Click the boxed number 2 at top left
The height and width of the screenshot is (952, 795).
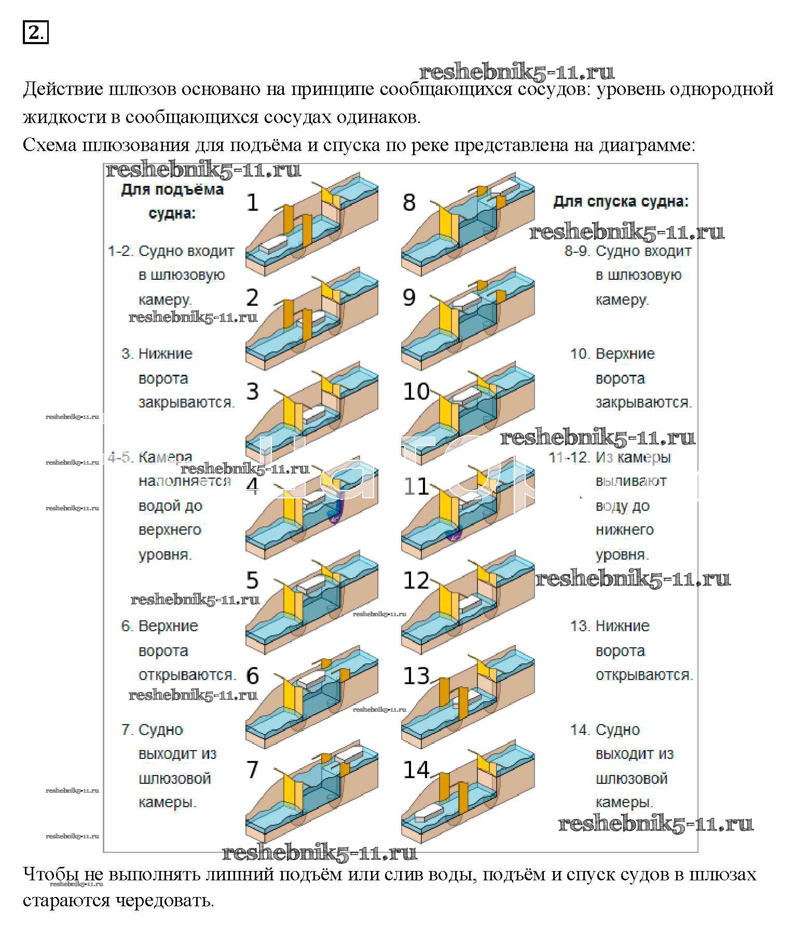35,32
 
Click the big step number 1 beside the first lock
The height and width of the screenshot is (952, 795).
252,202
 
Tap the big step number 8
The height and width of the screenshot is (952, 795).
409,202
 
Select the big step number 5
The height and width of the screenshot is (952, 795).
252,580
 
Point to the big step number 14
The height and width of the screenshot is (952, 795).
416,769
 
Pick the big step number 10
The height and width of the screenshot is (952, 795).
416,391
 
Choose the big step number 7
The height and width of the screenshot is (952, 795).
252,769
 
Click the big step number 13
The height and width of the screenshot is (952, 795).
416,675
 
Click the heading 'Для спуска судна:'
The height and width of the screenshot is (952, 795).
621,201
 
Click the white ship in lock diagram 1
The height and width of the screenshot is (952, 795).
273,244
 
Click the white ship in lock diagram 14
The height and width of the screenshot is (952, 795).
429,814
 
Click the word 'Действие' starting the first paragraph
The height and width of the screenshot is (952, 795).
63,90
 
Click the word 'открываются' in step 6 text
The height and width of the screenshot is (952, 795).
187,675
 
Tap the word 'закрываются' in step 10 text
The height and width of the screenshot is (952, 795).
643,402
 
